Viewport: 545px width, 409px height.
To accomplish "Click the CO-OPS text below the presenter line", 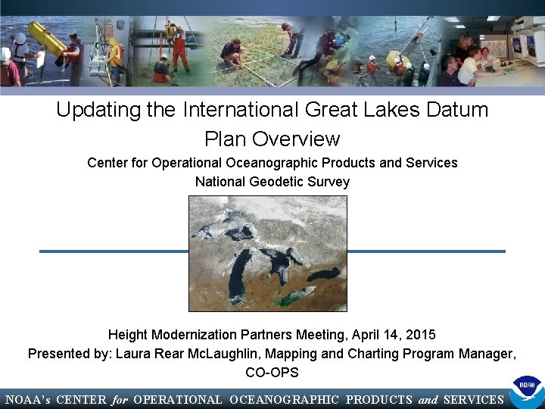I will click(272, 373).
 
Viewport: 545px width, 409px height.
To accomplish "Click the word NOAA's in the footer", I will click(27, 400).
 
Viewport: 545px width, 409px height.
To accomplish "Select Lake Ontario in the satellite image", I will click(324, 273).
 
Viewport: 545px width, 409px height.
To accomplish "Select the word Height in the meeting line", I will click(128, 334).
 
